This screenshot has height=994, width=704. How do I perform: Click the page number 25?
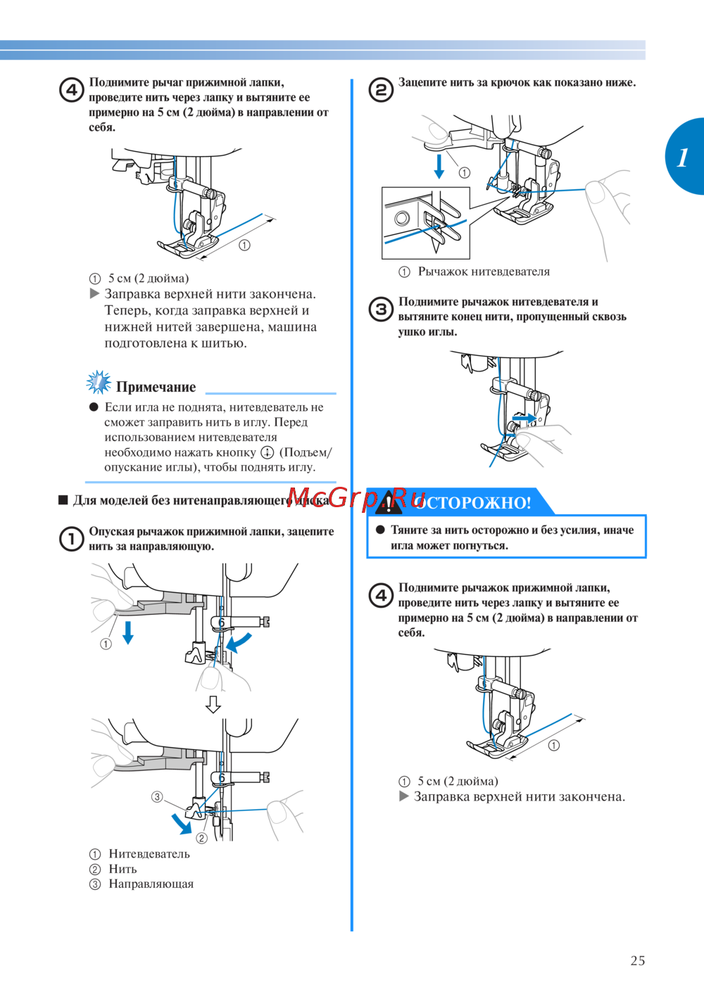click(637, 961)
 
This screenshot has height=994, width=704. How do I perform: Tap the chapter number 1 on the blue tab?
click(682, 158)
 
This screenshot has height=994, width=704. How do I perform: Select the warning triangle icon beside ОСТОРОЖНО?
click(389, 502)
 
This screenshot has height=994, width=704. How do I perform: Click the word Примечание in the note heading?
click(156, 387)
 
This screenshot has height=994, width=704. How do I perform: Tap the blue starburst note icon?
click(99, 382)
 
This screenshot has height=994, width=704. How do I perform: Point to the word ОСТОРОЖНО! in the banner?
click(473, 503)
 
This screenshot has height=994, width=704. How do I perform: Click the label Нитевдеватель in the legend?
click(149, 854)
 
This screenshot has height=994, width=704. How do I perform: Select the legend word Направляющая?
click(151, 884)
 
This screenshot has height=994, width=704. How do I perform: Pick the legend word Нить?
click(123, 869)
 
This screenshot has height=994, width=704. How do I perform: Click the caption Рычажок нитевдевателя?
click(484, 272)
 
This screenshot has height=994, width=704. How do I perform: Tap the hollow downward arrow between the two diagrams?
click(213, 704)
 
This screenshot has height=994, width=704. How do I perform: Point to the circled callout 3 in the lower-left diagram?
click(157, 797)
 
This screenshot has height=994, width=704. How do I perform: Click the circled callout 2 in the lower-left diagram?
click(201, 838)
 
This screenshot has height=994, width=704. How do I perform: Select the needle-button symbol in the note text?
click(267, 452)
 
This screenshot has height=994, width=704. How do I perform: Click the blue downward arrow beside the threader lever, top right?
click(439, 166)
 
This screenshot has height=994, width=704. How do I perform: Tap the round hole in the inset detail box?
click(402, 218)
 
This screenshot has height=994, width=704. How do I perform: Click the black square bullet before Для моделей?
click(63, 501)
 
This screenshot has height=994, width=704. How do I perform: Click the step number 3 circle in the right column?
click(381, 310)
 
